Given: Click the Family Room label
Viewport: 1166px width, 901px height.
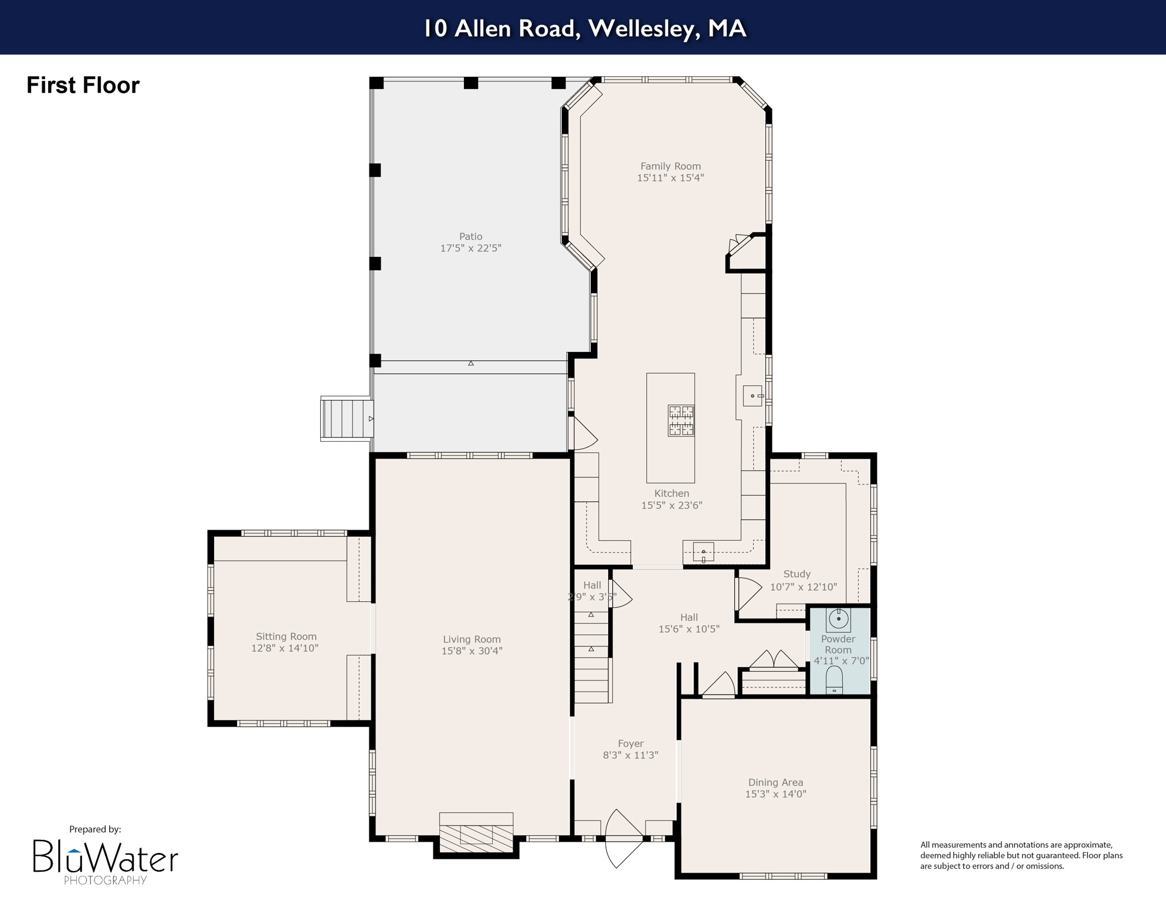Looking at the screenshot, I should pos(670,166).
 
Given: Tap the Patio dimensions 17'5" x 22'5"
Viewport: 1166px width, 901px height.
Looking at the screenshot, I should pos(470,248).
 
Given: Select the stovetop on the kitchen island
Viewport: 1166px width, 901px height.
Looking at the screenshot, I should pos(681,421).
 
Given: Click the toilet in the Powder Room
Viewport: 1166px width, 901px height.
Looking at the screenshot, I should pos(834,680).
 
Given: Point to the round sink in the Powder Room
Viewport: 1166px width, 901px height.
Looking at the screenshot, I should pos(839,618).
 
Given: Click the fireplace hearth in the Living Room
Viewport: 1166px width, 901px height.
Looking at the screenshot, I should pos(476,837).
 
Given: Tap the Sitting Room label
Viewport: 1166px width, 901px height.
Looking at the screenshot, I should pos(286,636).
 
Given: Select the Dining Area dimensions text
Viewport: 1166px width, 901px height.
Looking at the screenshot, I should pos(775,794).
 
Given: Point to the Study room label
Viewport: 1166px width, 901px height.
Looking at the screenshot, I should pos(796,574).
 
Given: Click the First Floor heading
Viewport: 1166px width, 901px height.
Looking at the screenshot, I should pos(83,86).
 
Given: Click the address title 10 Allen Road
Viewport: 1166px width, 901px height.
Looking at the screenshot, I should pos(584,28).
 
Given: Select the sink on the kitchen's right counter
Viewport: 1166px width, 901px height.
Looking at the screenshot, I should pos(753,396).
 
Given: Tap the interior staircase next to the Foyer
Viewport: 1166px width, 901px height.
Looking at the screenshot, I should pos(591,657).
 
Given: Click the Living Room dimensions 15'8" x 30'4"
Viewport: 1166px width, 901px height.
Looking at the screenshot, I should pos(472,651).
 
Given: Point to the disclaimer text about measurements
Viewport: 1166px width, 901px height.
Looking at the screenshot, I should pos(1021,855).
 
